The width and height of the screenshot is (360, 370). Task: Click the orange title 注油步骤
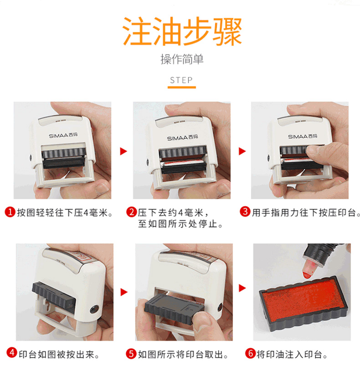[182, 31]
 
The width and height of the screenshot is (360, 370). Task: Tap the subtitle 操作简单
[182, 59]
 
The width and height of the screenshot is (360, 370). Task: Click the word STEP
[181, 80]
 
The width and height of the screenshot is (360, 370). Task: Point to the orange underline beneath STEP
[182, 87]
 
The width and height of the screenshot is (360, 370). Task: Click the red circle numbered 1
[10, 212]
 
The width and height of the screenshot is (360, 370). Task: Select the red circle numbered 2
[132, 212]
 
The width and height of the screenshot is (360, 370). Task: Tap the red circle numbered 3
[245, 212]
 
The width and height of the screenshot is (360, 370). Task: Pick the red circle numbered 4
[12, 353]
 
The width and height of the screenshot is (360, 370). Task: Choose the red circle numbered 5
[131, 354]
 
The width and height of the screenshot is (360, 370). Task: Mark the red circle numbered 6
[250, 353]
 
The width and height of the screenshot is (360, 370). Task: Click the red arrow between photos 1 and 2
[123, 151]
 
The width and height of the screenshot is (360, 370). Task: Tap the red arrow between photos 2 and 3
[242, 151]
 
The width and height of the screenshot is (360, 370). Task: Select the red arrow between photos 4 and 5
[124, 292]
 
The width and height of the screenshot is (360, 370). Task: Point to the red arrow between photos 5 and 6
[242, 288]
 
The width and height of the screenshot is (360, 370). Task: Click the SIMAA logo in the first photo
[63, 136]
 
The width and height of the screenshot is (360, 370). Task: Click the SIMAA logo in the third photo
[303, 137]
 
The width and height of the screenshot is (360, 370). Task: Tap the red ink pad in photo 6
[304, 299]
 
